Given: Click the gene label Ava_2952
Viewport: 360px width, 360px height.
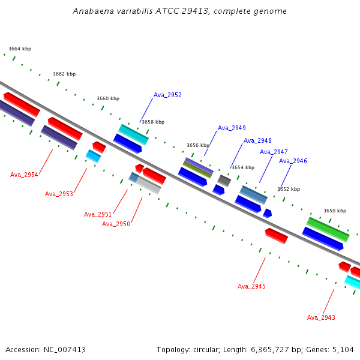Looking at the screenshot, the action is click(167, 95).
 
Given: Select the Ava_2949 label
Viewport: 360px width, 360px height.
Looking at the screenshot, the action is click(232, 128).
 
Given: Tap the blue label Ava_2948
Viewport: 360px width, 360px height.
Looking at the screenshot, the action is click(257, 140).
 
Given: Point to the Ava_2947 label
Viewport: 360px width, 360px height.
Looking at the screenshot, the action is click(274, 152).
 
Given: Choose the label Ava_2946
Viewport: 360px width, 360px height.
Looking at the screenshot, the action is click(293, 161).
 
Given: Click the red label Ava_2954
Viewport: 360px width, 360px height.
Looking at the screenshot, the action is click(24, 175).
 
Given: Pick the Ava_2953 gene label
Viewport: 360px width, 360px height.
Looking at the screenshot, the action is click(59, 194).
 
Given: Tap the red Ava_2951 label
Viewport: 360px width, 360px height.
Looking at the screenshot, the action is click(98, 214).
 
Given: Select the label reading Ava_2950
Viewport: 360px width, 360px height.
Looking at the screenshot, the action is click(116, 224).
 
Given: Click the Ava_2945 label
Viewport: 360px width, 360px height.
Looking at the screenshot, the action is click(251, 286).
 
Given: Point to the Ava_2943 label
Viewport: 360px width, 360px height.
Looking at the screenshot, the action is click(321, 317).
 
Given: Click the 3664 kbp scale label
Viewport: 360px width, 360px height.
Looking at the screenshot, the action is click(20, 49).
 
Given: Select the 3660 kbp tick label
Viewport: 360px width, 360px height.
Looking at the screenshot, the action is click(108, 98).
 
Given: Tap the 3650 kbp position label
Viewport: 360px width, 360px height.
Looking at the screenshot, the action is click(335, 211).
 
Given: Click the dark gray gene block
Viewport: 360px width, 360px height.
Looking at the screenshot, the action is click(224, 181).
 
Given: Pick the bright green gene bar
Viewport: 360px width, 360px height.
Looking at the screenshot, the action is click(328, 229).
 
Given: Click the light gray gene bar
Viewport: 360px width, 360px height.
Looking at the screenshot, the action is click(149, 185).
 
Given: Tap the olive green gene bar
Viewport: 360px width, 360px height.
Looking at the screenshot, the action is click(197, 170).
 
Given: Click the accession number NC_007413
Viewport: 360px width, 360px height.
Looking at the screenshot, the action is click(65, 350).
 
